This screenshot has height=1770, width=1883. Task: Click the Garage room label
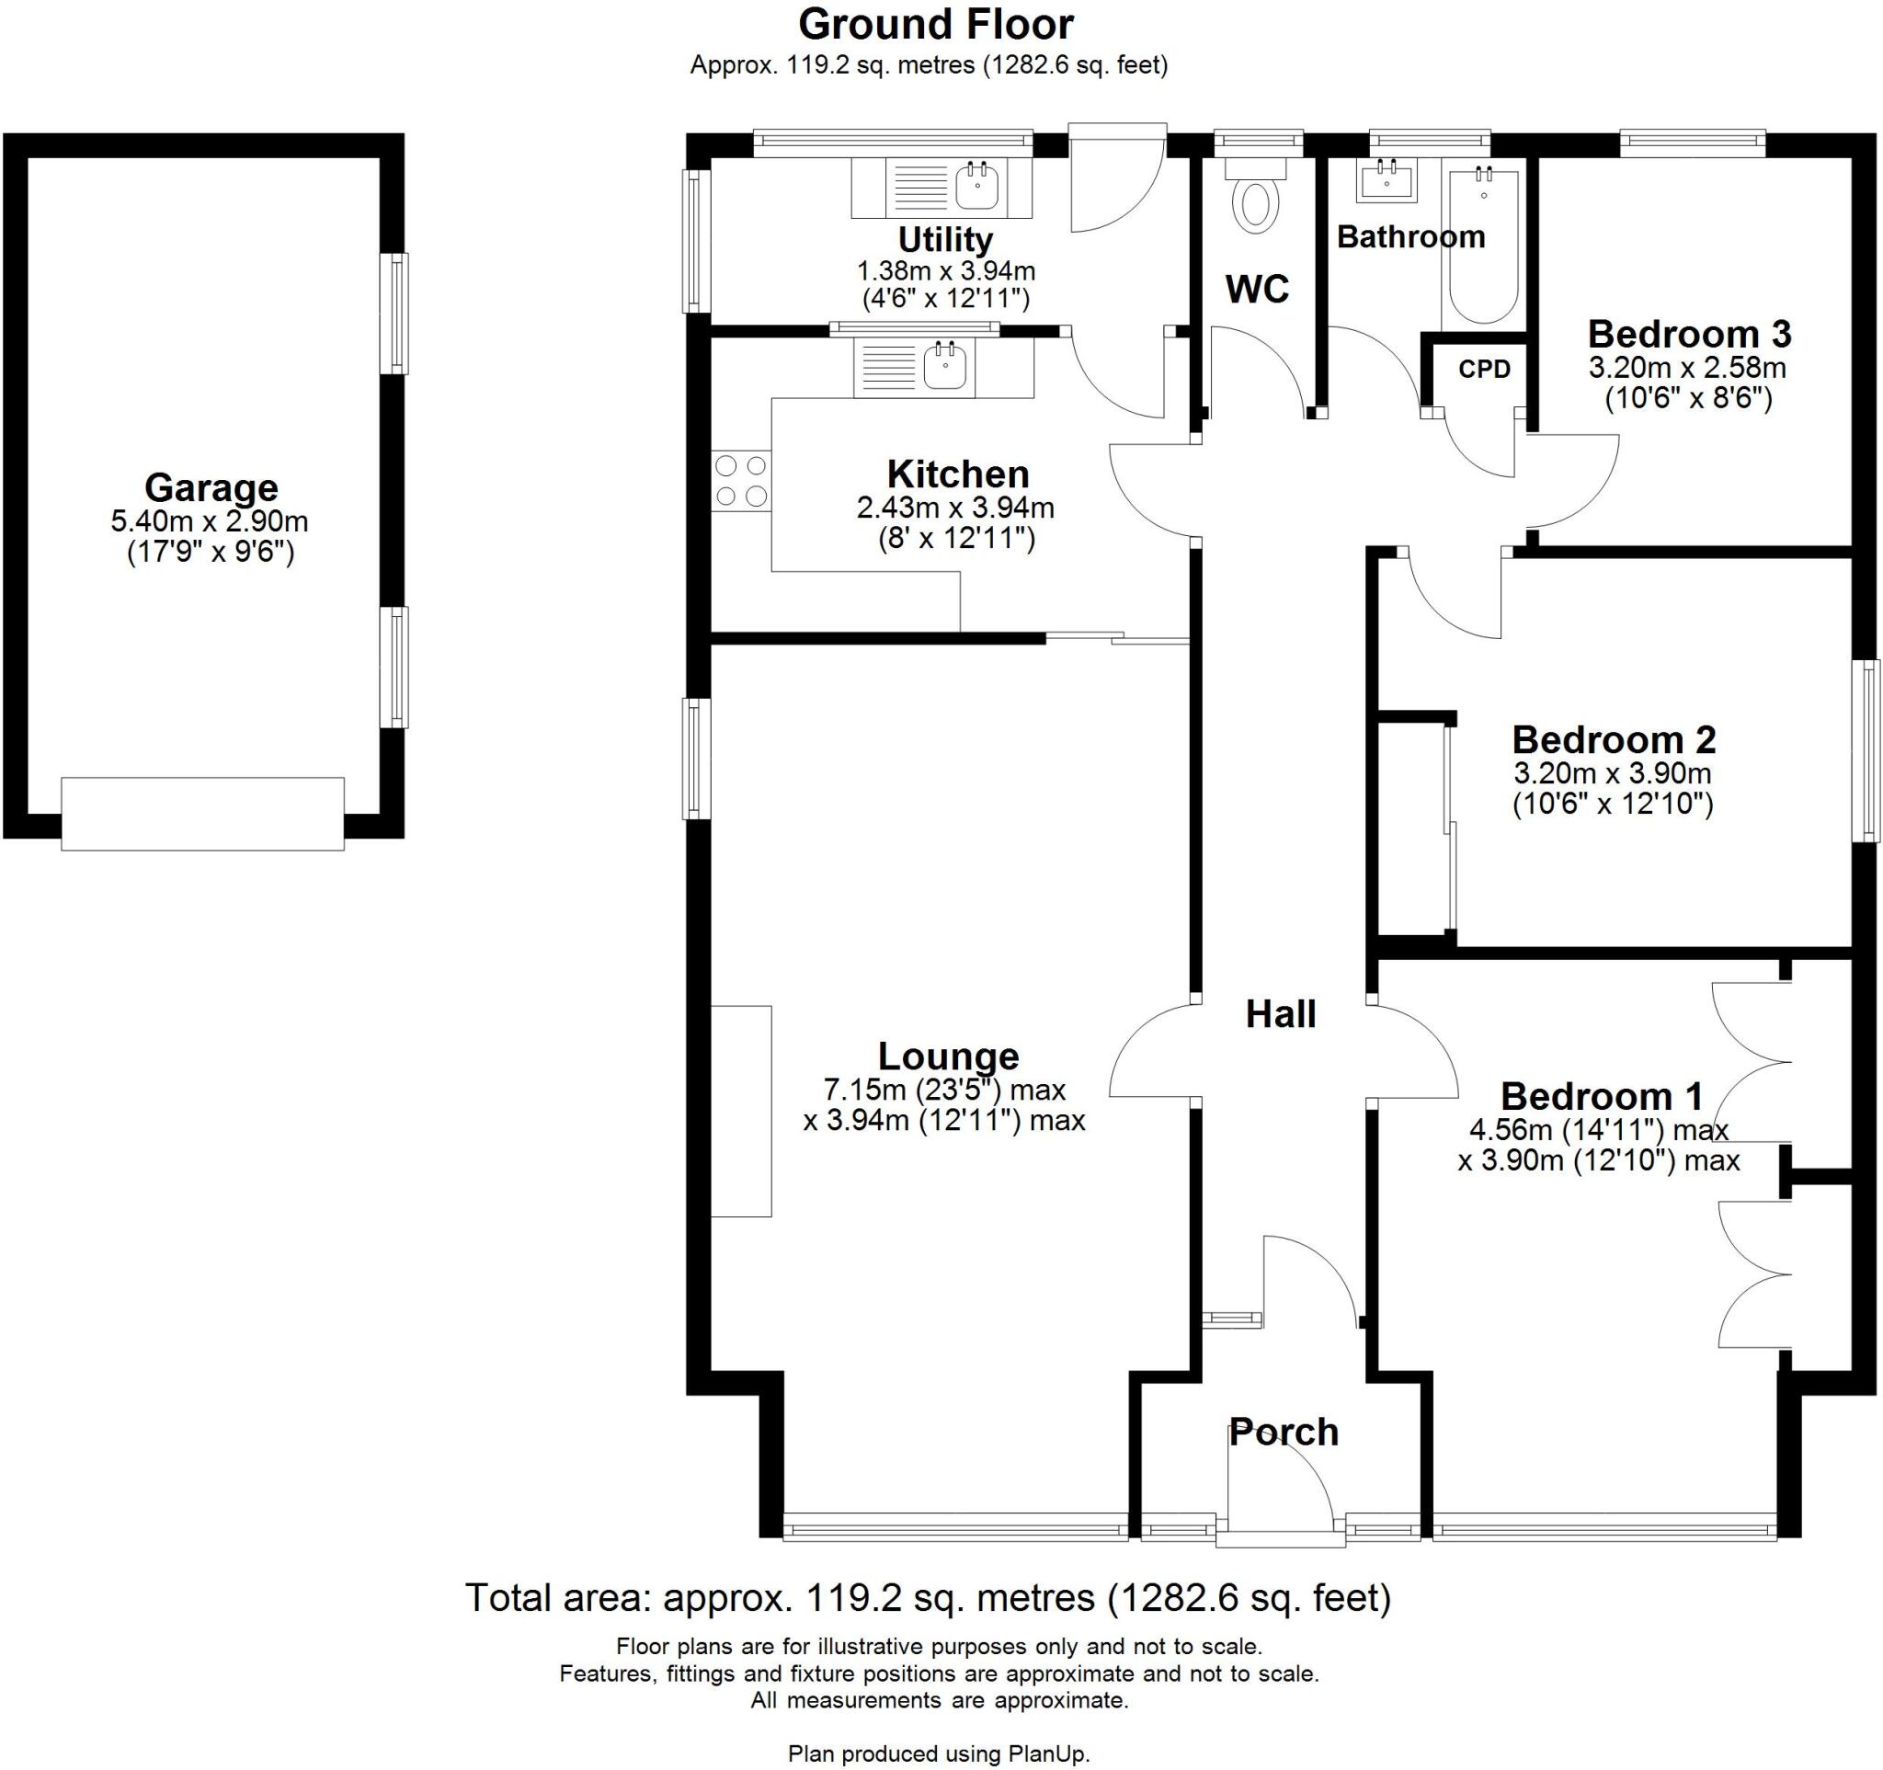pos(211,487)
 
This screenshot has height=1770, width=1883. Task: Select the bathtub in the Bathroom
pos(1483,247)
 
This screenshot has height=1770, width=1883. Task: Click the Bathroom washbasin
pos(1387,181)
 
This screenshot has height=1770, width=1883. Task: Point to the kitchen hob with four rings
pos(742,480)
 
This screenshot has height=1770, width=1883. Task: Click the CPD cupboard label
pos(1484,369)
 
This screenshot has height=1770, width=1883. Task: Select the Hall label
pos(1281,1014)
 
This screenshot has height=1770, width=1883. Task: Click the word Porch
pos(1284,1433)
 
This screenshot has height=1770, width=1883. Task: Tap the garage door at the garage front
pos(202,814)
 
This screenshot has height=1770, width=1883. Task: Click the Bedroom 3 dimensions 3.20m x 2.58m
pos(1688,367)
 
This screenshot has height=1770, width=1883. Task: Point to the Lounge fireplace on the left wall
pos(742,1111)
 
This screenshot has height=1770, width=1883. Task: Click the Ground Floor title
pos(936,25)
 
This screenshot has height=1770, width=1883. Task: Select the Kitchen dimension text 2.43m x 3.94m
pos(955,508)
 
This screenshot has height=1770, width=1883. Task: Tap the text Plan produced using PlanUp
pos(939,1753)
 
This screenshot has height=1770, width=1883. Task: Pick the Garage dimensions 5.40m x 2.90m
pos(210,520)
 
